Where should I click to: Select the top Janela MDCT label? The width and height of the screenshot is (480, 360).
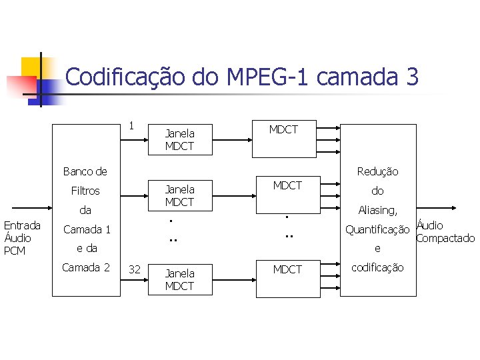point(179,140)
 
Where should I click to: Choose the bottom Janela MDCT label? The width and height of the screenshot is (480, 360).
point(179,279)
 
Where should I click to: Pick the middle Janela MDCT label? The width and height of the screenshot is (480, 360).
point(179,195)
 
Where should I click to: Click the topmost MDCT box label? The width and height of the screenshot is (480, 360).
point(283,129)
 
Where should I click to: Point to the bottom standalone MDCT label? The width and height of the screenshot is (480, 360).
point(287,269)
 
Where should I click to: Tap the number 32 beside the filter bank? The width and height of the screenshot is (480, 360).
point(134,269)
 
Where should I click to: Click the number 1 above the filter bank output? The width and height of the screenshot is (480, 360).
point(131,125)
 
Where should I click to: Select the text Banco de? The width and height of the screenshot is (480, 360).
point(85,171)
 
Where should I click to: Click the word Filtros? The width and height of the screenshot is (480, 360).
point(85,191)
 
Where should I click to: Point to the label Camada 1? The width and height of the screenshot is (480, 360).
point(86,229)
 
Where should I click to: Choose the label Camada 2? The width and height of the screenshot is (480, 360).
point(86,267)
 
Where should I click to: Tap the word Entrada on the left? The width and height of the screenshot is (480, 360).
point(22,225)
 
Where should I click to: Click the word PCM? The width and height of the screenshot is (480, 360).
point(14,251)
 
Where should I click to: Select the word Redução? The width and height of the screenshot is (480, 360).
point(377,171)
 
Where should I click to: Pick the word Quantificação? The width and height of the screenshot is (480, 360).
point(377,230)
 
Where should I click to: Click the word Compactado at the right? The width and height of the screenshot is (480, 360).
point(445,238)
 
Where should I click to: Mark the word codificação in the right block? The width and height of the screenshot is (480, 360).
point(377,267)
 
